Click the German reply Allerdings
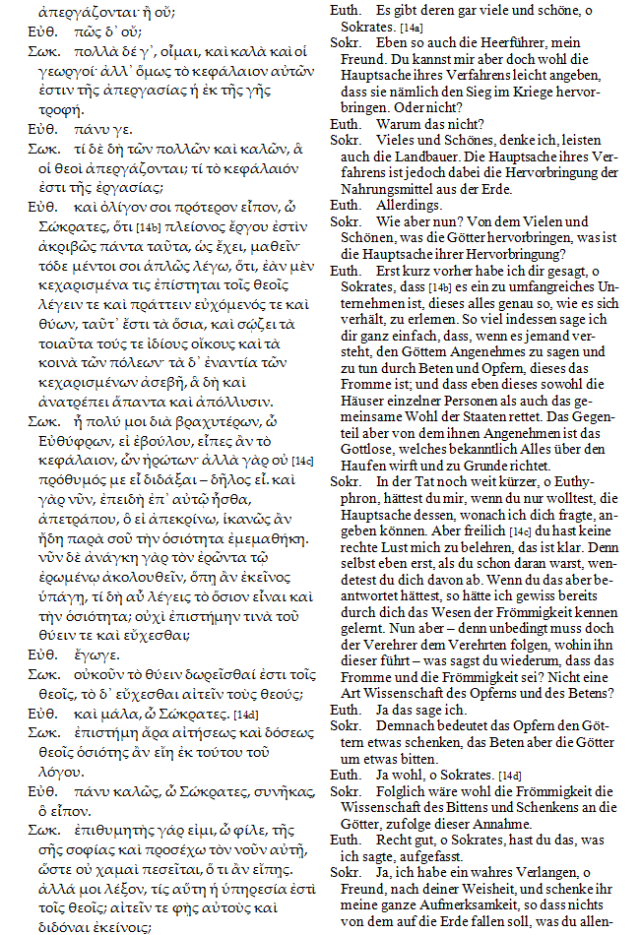click(x=409, y=205)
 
